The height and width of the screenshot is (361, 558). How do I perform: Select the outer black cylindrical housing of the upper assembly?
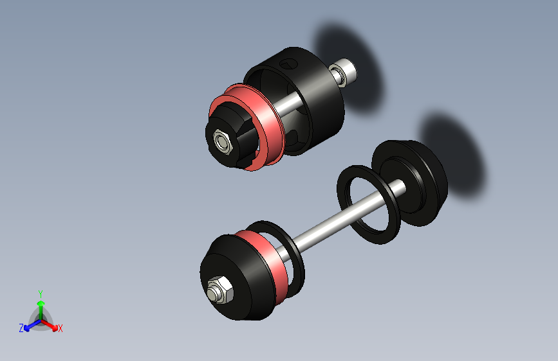[322, 109]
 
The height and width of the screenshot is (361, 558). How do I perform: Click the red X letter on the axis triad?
[60, 328]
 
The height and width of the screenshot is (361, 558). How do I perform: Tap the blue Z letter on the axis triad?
[21, 328]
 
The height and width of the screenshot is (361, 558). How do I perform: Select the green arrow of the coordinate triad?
[40, 305]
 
